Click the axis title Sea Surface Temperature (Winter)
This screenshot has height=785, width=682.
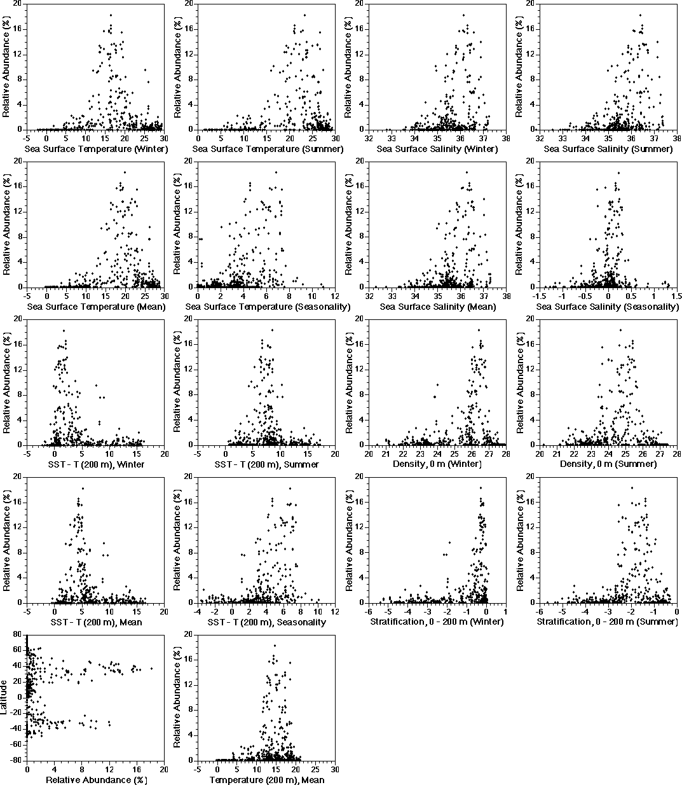click(x=96, y=149)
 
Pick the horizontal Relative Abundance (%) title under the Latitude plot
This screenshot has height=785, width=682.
click(x=95, y=780)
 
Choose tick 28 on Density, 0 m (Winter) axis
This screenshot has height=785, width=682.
click(x=505, y=454)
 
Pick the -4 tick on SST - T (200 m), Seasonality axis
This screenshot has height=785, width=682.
click(x=198, y=611)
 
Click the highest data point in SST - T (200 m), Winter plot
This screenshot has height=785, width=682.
click(x=64, y=330)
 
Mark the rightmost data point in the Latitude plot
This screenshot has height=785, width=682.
click(x=151, y=668)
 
